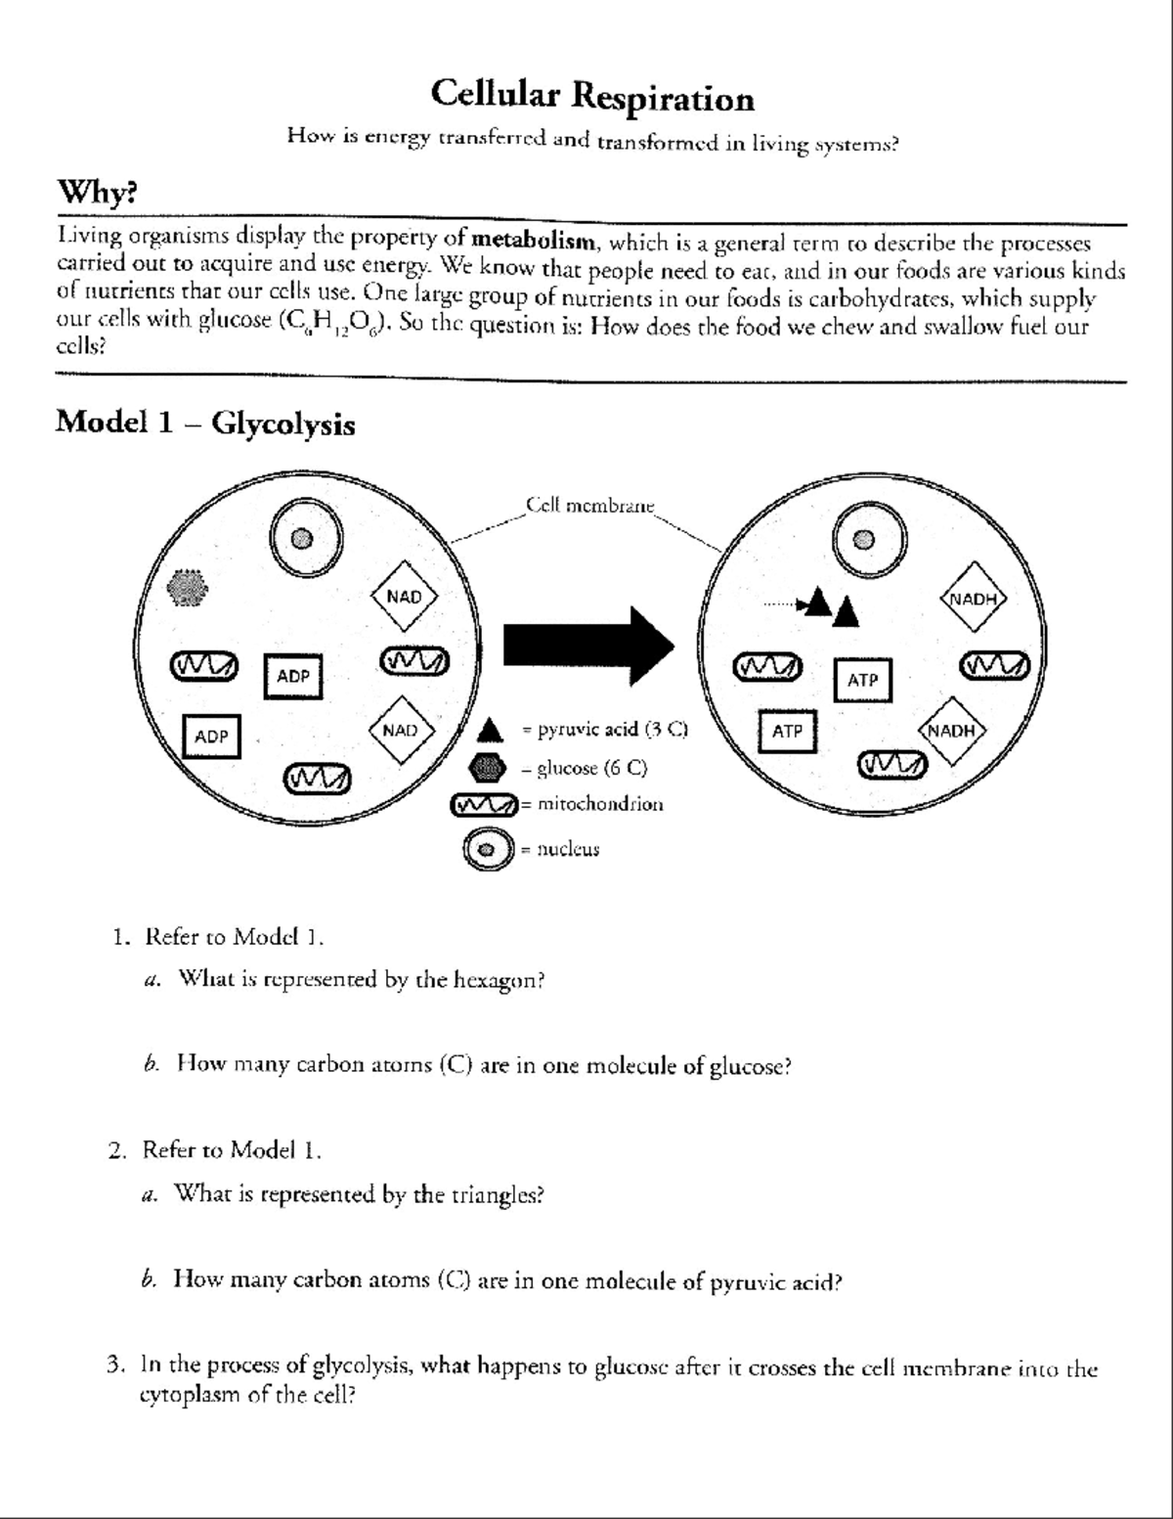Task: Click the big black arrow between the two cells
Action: pos(587,646)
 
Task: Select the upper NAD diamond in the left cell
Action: pos(404,597)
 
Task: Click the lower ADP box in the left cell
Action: pos(211,737)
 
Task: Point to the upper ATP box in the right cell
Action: pos(862,680)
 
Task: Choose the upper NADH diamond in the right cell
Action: pos(973,599)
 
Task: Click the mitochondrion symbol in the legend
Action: pos(484,806)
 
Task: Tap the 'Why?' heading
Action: pos(97,192)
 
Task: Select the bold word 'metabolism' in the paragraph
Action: pos(533,240)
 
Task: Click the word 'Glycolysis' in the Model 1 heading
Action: pos(282,424)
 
